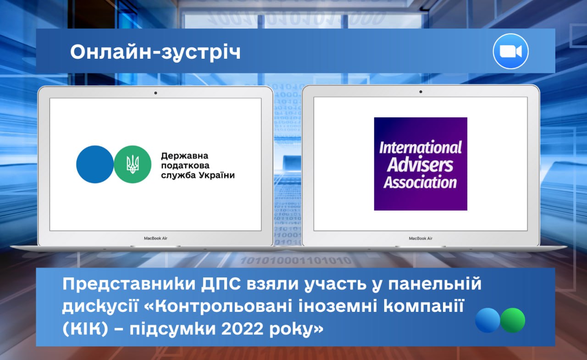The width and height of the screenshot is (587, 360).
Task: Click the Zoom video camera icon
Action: pos(510,51)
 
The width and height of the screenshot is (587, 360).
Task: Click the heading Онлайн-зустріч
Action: pos(155,52)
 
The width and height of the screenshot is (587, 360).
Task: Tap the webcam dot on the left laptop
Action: pos(155,93)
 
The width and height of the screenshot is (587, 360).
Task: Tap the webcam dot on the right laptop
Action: pos(421,92)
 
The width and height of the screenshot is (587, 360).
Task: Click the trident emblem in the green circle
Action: pos(133,164)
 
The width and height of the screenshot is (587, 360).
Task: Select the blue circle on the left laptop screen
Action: pos(95,164)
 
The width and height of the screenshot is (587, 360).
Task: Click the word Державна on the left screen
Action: pos(185,156)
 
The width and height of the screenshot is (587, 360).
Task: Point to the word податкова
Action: pos(185,166)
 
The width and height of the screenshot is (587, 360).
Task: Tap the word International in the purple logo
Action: pos(421,148)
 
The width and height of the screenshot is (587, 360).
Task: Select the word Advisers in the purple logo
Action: pos(420,165)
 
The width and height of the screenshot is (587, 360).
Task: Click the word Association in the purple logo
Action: pos(420,183)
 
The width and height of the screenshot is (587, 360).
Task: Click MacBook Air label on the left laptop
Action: pos(155,238)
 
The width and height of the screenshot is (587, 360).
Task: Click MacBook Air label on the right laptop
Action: pos(421,238)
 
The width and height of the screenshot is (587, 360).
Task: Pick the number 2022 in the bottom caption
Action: pos(242,329)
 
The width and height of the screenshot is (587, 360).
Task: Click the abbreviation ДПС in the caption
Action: pos(221,284)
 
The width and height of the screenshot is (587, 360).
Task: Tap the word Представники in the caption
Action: pos(129,284)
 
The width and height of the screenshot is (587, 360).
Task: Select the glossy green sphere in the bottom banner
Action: pos(513,321)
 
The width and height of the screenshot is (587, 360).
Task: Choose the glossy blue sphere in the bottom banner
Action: pos(487,321)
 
